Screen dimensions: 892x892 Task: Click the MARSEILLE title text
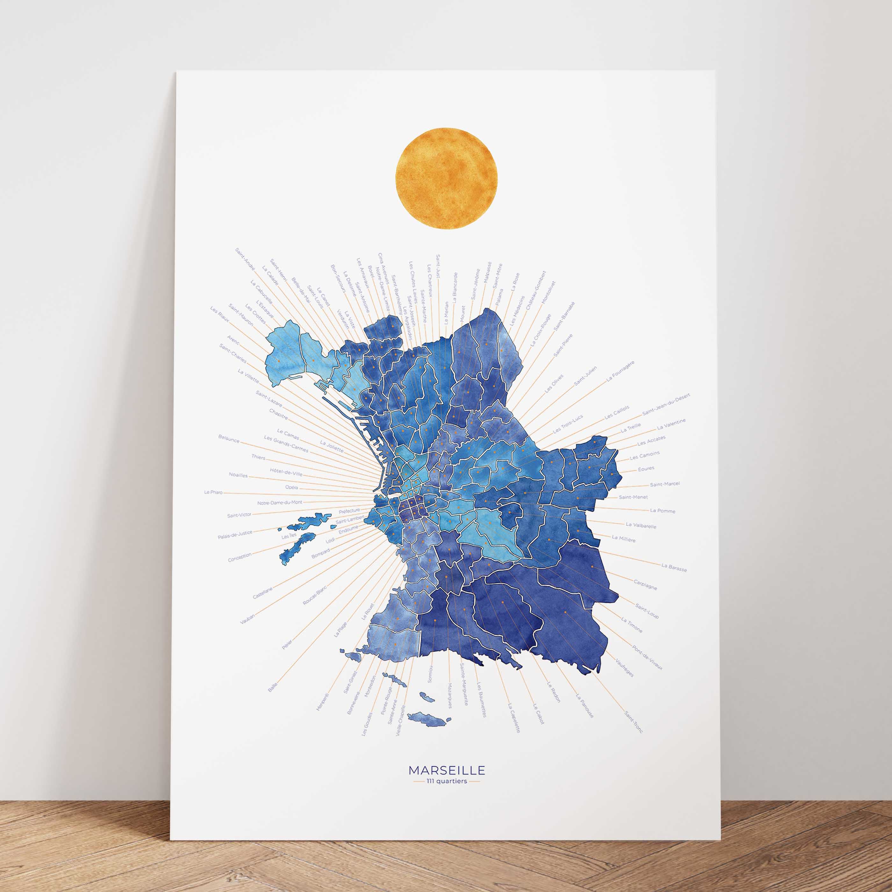[446, 771]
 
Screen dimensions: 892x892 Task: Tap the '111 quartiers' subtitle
[446, 781]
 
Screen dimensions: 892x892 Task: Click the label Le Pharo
[213, 492]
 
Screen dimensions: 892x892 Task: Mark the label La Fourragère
[620, 371]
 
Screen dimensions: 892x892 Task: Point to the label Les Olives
[554, 383]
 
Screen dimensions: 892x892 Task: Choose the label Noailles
[238, 475]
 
